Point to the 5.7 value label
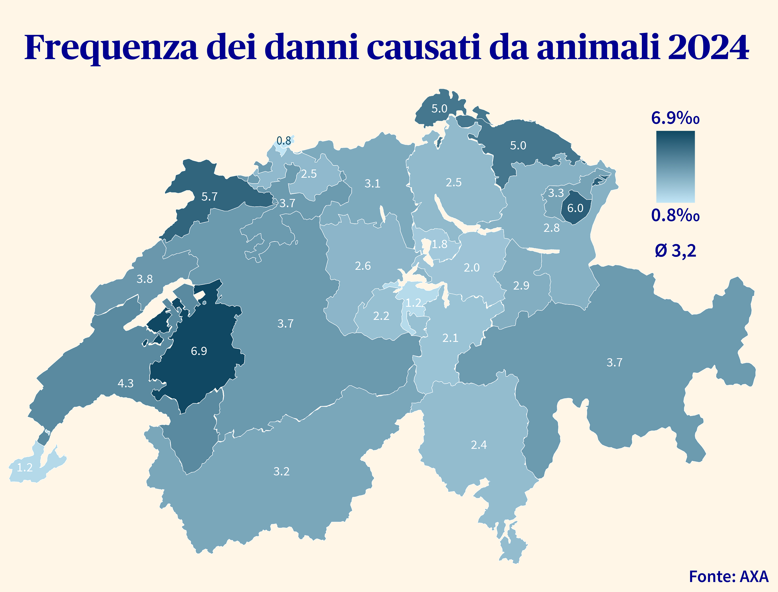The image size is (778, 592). [x=209, y=197]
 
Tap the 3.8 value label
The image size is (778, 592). [x=144, y=279]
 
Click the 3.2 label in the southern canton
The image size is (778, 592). [x=281, y=472]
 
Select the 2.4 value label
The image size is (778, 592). [x=479, y=445]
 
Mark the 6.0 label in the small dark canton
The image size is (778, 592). [x=575, y=208]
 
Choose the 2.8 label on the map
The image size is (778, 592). [x=551, y=228]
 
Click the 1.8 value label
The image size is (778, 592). [x=440, y=244]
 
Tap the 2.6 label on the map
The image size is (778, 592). [x=363, y=266]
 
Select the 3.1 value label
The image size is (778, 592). [x=372, y=184]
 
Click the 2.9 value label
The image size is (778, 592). [x=521, y=285]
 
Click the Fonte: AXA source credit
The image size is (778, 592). [x=728, y=576]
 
